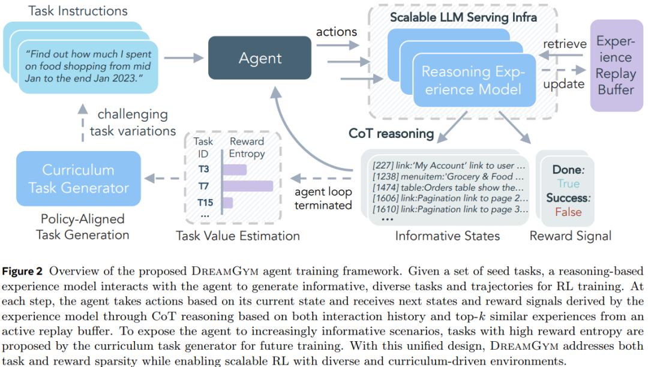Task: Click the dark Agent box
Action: click(260, 58)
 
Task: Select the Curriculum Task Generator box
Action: click(79, 178)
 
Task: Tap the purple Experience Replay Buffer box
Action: click(616, 65)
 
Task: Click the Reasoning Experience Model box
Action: click(474, 80)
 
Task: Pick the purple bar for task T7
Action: click(248, 186)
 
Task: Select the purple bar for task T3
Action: click(235, 169)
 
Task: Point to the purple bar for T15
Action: click(228, 203)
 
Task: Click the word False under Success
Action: click(568, 212)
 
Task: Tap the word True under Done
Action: click(568, 183)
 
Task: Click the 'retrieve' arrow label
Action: click(565, 44)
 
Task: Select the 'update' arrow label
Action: click(563, 84)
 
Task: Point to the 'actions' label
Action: click(337, 32)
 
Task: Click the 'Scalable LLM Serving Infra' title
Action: click(463, 17)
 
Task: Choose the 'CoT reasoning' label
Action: click(391, 133)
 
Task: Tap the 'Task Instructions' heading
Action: click(77, 11)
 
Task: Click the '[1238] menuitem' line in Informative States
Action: click(448, 176)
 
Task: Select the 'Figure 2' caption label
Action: click(22, 271)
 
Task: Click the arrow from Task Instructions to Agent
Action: click(184, 58)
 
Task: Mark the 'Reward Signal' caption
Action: click(571, 236)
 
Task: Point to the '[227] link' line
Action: click(449, 166)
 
